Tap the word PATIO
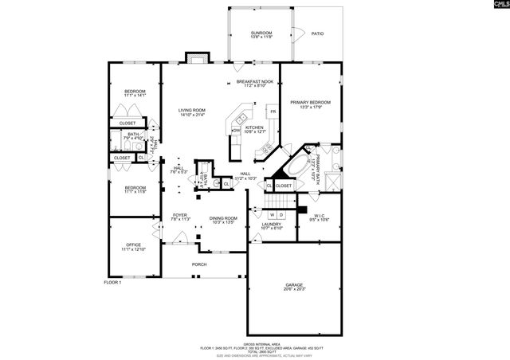tap(317, 33)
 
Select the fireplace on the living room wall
tap(196, 57)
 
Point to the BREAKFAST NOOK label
tap(255, 81)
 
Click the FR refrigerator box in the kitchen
tap(273, 112)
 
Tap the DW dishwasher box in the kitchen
tap(237, 131)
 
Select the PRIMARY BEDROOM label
tap(310, 102)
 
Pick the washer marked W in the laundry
tap(272, 215)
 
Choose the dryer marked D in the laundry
tap(282, 215)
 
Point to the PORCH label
tap(199, 264)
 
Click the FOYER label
tap(179, 215)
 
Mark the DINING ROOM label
tap(223, 217)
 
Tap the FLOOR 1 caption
tap(112, 283)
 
